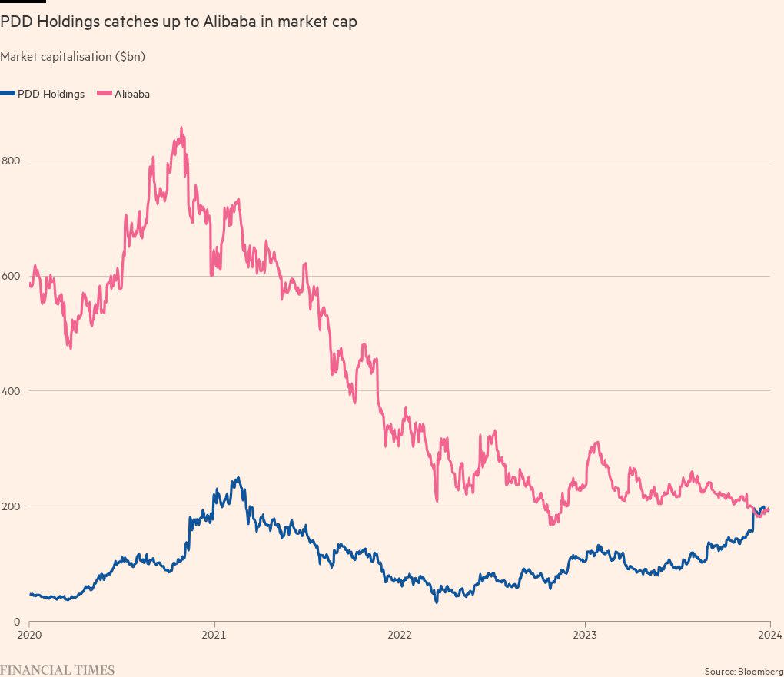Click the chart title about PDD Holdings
pyautogui.click(x=178, y=22)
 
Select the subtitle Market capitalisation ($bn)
pyautogui.click(x=73, y=57)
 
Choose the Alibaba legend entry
pyautogui.click(x=131, y=94)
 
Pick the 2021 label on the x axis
pyautogui.click(x=214, y=636)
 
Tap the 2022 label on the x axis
pyautogui.click(x=400, y=636)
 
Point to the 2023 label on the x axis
pyautogui.click(x=585, y=636)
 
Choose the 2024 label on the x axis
pyautogui.click(x=770, y=636)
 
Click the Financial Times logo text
pyautogui.click(x=58, y=670)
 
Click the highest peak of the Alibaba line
pyautogui.click(x=181, y=128)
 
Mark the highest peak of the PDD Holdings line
pyautogui.click(x=238, y=478)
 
